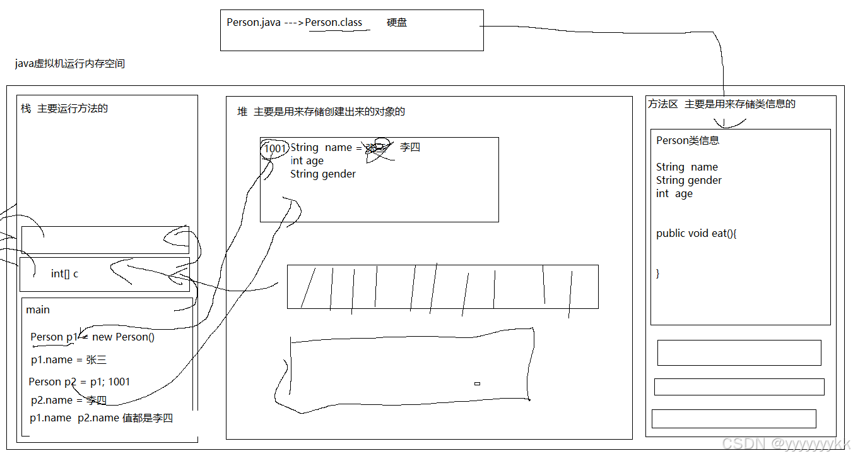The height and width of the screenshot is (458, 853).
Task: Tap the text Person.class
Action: pyautogui.click(x=334, y=23)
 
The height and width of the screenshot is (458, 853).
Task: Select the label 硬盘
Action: pyautogui.click(x=397, y=23)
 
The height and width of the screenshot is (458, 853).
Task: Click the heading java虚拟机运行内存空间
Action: pyautogui.click(x=70, y=64)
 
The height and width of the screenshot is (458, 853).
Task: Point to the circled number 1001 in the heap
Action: pyautogui.click(x=275, y=148)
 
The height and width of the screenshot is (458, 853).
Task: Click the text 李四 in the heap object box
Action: pyautogui.click(x=410, y=147)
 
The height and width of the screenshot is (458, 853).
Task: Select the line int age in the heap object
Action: pyautogui.click(x=307, y=161)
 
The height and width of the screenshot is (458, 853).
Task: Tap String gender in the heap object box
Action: pyautogui.click(x=323, y=174)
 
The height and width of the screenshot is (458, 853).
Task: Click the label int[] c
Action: pyautogui.click(x=65, y=274)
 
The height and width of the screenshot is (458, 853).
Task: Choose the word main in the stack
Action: pyautogui.click(x=38, y=310)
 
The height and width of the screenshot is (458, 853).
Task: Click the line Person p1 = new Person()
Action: pyautogui.click(x=93, y=337)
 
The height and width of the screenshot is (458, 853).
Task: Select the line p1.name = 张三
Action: pyautogui.click(x=69, y=360)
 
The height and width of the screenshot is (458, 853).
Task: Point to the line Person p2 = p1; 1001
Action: pyautogui.click(x=79, y=382)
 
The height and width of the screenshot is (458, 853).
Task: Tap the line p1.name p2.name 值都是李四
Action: pyautogui.click(x=102, y=418)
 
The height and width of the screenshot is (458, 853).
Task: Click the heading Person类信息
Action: pyautogui.click(x=688, y=141)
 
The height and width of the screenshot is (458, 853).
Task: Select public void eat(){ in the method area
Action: pyautogui.click(x=697, y=234)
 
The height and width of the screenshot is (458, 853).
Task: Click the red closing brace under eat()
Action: pyautogui.click(x=658, y=274)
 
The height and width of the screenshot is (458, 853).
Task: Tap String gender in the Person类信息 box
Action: pyautogui.click(x=689, y=181)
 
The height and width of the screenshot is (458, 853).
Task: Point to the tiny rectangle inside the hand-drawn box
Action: pyautogui.click(x=478, y=383)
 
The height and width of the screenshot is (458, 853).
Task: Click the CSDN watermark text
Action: pyautogui.click(x=786, y=444)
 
